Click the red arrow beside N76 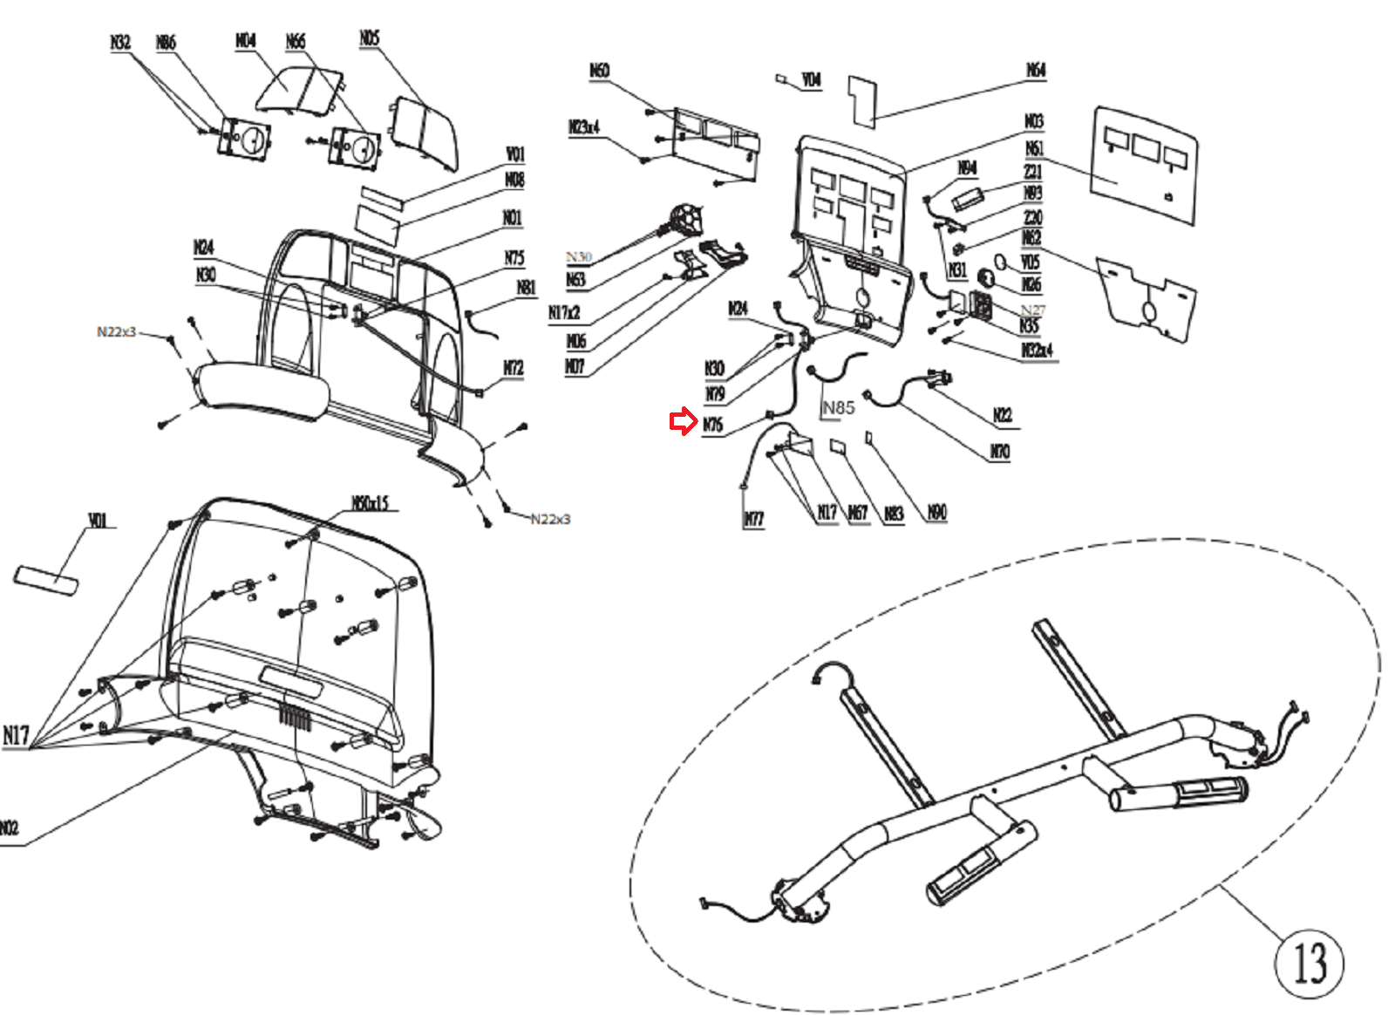tap(682, 422)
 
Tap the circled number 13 tap(1308, 963)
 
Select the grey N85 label tap(838, 407)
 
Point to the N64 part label tap(1035, 70)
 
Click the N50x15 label tap(370, 503)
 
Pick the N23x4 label tap(584, 127)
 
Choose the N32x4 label tap(1038, 351)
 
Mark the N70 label tap(999, 452)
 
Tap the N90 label tap(936, 512)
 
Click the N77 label tap(753, 520)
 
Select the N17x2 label tap(564, 312)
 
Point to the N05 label tap(370, 38)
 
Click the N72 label tap(514, 368)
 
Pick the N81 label tap(526, 288)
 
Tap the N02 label tap(9, 828)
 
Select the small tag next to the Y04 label tap(781, 78)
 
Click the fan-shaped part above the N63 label tap(687, 218)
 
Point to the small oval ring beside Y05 tap(1000, 261)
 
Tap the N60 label tap(599, 71)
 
